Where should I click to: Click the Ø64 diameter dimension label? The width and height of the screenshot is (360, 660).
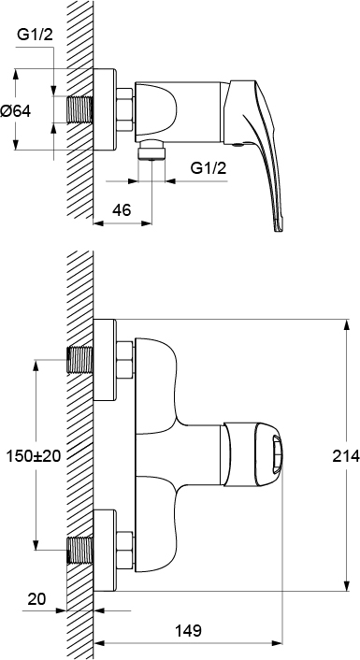click(x=16, y=111)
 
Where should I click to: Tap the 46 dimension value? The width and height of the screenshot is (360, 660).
click(x=122, y=209)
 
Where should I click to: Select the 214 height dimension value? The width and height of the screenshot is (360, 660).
click(x=346, y=455)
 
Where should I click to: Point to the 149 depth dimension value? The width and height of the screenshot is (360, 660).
click(x=188, y=630)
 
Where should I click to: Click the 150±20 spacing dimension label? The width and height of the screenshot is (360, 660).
click(x=34, y=455)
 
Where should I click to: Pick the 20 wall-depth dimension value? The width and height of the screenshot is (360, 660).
click(x=37, y=598)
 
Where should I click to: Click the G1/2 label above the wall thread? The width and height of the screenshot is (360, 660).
click(x=36, y=35)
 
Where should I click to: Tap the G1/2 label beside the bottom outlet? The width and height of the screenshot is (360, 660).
click(x=209, y=168)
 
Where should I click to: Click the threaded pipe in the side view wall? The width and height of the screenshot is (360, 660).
click(x=80, y=109)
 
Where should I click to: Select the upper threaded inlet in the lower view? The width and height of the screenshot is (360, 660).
click(x=80, y=360)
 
